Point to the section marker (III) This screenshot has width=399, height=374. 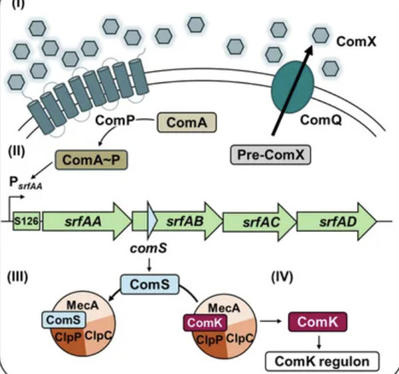(21, 276)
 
